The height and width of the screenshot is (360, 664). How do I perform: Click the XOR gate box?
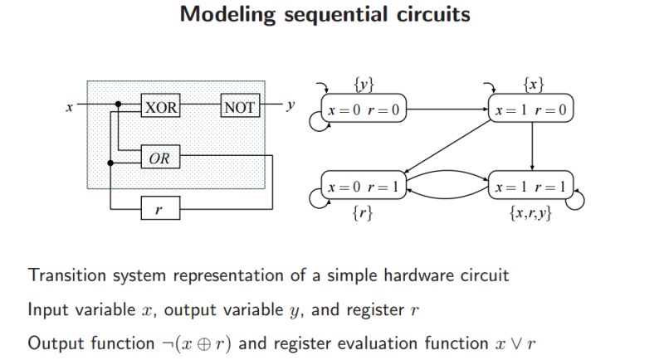point(159,107)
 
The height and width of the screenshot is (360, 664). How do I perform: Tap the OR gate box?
point(159,158)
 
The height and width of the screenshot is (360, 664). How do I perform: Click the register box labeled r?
point(159,209)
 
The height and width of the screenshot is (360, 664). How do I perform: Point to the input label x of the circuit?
point(68,107)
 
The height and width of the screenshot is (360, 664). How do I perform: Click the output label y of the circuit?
point(290,106)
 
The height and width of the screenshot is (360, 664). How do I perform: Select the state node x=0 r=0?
point(364,109)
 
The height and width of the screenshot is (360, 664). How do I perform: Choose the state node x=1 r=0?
point(531,109)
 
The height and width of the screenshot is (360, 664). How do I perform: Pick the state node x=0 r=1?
point(364,187)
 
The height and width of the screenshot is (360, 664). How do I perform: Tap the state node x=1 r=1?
point(531,187)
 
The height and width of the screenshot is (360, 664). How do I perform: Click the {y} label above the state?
point(364,85)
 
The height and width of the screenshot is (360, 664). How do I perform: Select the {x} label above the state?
point(532,85)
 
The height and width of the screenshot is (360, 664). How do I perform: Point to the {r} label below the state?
point(363,212)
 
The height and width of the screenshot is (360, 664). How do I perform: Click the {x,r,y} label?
point(531,213)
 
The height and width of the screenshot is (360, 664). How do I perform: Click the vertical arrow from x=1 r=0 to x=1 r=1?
point(531,148)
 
